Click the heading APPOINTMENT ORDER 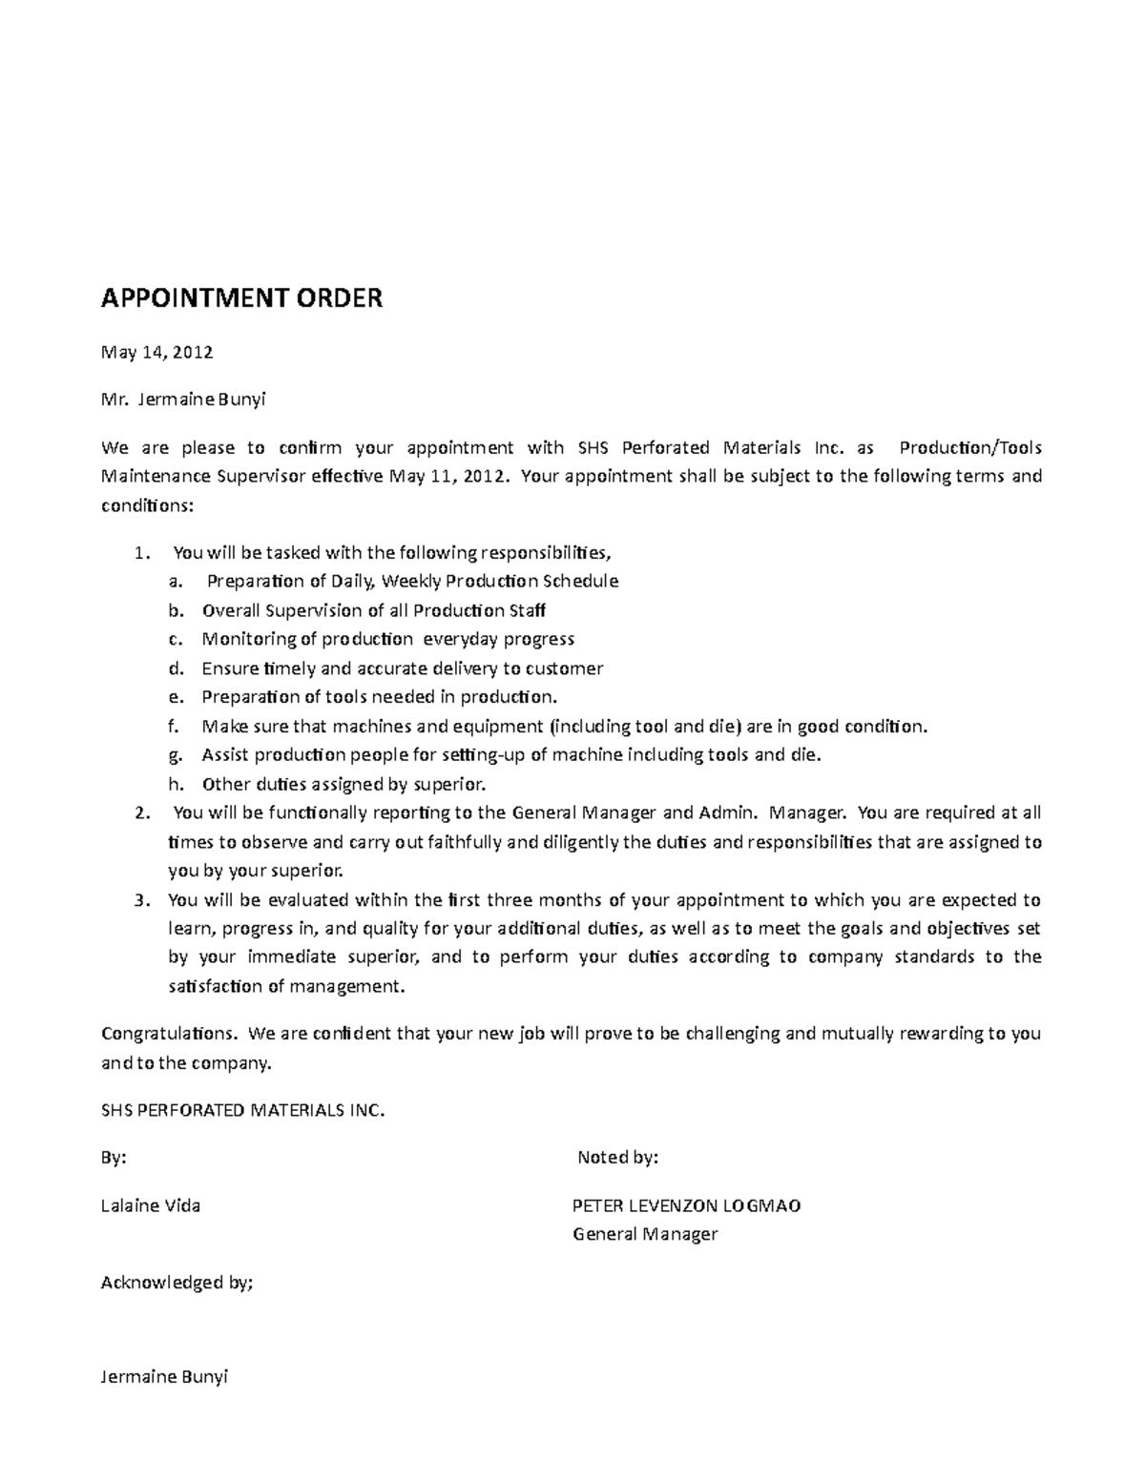click(241, 299)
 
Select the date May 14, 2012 click(157, 353)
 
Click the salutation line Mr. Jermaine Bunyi click(183, 400)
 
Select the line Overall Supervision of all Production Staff click(373, 610)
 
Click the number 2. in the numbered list click(142, 813)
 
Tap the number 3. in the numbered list click(142, 900)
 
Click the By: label click(114, 1159)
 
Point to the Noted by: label click(618, 1159)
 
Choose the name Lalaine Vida click(151, 1206)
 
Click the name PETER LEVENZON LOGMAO click(686, 1206)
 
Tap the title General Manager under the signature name click(644, 1235)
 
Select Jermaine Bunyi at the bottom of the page click(165, 1377)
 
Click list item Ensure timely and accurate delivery click(402, 669)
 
